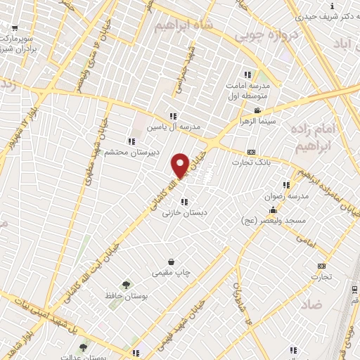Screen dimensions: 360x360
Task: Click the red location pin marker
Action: click(x=180, y=165)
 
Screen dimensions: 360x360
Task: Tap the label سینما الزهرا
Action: click(x=266, y=121)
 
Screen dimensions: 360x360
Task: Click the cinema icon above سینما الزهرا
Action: click(x=257, y=110)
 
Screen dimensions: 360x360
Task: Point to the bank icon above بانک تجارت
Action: click(x=252, y=152)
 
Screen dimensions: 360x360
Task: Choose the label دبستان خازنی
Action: click(x=181, y=212)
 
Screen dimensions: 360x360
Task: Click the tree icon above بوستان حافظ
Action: click(x=126, y=285)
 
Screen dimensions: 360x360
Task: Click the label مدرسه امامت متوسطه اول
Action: click(x=253, y=90)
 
